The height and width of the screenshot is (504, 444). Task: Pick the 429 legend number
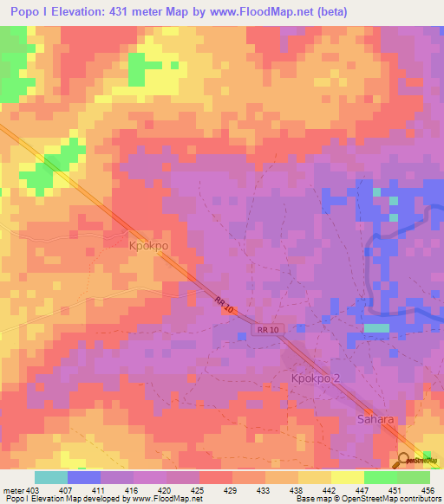pos(232,489)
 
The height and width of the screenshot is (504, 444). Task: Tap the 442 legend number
pos(330,489)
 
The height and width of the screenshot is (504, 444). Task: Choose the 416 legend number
pos(133,489)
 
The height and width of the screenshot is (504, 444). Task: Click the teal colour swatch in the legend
pos(51,477)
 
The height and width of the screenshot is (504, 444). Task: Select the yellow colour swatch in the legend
pos(347,477)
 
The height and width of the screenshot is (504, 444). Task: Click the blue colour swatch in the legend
pos(84,477)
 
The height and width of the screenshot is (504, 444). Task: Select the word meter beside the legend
pos(12,489)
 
